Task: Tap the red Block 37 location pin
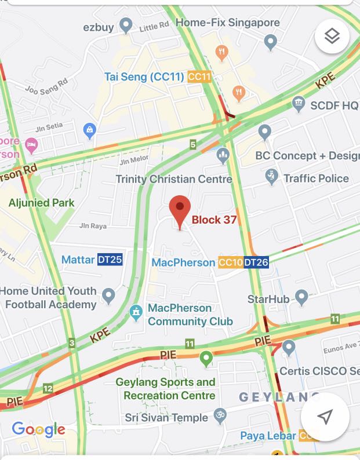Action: click(x=180, y=210)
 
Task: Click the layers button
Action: click(x=332, y=36)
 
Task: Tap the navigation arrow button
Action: click(x=325, y=417)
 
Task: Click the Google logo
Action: click(x=38, y=429)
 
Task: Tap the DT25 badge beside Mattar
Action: click(x=110, y=260)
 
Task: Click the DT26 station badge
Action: click(x=256, y=262)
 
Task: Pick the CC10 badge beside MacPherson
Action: click(x=231, y=262)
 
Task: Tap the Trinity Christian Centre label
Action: click(x=173, y=179)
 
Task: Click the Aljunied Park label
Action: click(x=41, y=203)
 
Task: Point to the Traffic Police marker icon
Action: click(x=271, y=177)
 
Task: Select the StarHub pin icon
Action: click(x=301, y=298)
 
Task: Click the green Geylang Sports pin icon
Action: click(x=206, y=359)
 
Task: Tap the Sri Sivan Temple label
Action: click(x=166, y=418)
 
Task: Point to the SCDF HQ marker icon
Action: click(x=299, y=104)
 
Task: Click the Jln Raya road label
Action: click(x=93, y=226)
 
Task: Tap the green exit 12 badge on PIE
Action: click(x=48, y=388)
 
